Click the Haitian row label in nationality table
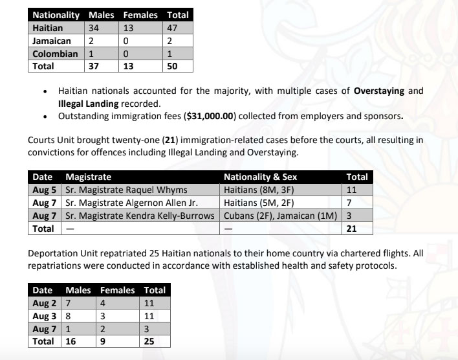(48, 28)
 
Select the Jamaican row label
(52, 41)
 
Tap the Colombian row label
(55, 53)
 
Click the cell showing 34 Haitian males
(94, 28)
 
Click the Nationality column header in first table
(56, 15)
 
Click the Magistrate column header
(88, 177)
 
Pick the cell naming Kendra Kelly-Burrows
(138, 215)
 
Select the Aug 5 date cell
(45, 190)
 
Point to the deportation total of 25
(149, 341)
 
